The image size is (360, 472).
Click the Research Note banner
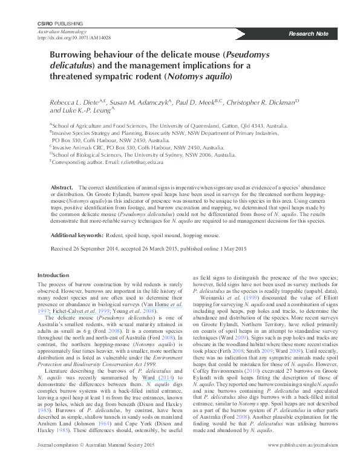[309, 33]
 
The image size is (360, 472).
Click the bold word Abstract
[62, 188]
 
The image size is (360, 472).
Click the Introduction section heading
[54, 275]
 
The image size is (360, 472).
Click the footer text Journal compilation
[59, 462]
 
